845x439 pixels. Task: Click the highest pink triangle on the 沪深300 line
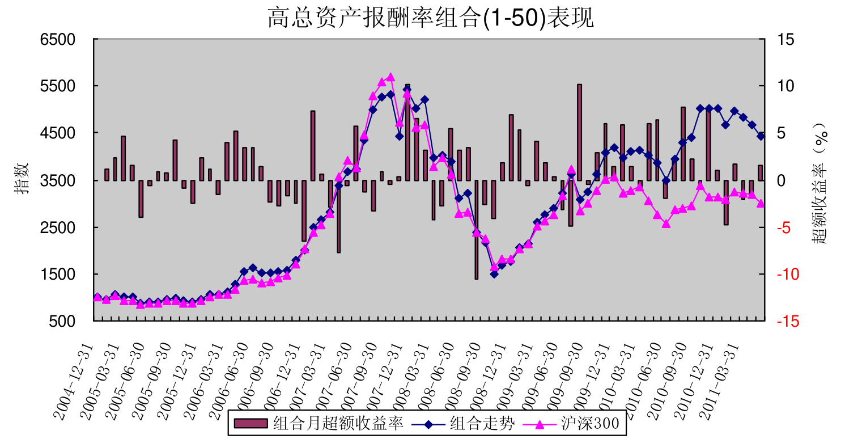click(x=390, y=77)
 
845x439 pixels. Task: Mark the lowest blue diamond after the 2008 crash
click(x=494, y=274)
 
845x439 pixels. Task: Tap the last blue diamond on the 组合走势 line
click(x=761, y=136)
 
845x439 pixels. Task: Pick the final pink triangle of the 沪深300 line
click(x=761, y=204)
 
